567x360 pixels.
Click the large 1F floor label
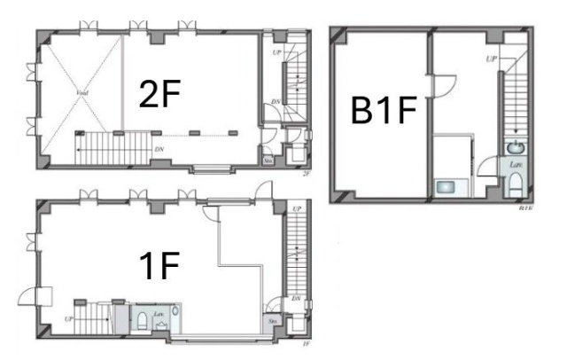pos(160,266)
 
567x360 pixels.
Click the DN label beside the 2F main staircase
pos(159,149)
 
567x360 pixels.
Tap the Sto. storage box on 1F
pos(268,322)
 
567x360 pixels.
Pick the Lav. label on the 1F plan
pos(157,313)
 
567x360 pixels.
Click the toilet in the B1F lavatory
pos(514,184)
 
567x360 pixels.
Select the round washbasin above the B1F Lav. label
pos(513,147)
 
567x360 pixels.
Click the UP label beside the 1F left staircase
pos(68,316)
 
